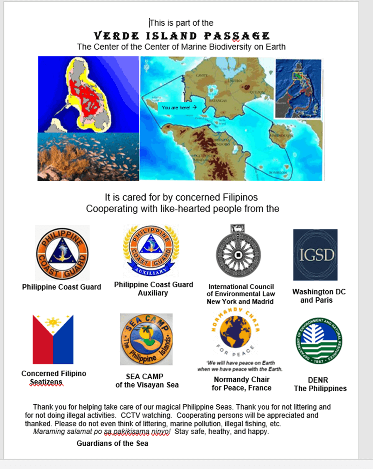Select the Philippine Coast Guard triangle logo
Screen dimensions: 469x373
[x=62, y=253]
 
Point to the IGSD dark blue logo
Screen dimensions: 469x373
[x=315, y=255]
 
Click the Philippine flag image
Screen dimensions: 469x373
[x=53, y=339]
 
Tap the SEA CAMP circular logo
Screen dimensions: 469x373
[x=146, y=339]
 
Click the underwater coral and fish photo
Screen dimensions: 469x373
[x=88, y=156]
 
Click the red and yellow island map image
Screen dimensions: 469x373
[x=88, y=94]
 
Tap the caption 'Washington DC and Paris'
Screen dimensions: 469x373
[x=319, y=296]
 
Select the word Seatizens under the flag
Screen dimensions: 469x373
[x=46, y=382]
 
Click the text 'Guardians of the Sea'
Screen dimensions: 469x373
[x=112, y=443]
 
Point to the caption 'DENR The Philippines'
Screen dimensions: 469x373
[x=320, y=384]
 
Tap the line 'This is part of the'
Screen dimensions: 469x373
[x=182, y=23]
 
